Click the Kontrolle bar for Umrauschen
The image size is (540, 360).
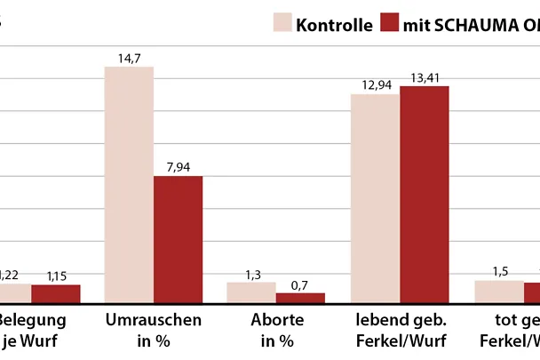coord(129,185)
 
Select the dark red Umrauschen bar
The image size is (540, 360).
coord(178,240)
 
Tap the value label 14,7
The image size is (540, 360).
coord(129,58)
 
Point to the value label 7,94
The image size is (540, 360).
coord(178,167)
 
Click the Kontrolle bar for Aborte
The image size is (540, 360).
coord(250,293)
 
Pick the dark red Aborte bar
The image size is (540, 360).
coord(300,298)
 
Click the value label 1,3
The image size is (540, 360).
coord(250,274)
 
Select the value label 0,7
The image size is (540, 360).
coord(300,284)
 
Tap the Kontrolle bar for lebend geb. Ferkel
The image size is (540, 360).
coord(375,198)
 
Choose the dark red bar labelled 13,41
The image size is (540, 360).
coord(424,195)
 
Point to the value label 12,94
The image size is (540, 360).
coord(375,84)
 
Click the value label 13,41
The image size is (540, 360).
coord(424,77)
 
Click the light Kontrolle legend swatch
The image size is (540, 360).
coord(282,23)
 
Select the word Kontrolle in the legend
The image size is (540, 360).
coord(334,24)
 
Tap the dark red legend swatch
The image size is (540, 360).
coord(390,23)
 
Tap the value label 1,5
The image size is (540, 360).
coord(498,271)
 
